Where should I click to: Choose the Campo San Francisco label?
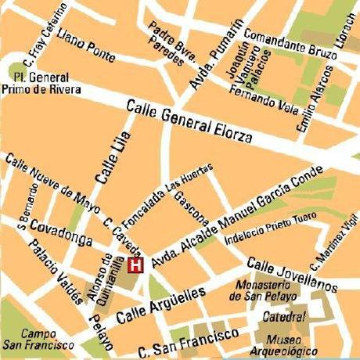pyautogui.click(x=31, y=338)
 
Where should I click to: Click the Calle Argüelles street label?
pyautogui.click(x=160, y=305)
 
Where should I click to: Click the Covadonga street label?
pyautogui.click(x=57, y=230)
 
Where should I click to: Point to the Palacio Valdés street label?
pyautogui.click(x=55, y=270)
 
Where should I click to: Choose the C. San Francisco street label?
pyautogui.click(x=188, y=342)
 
